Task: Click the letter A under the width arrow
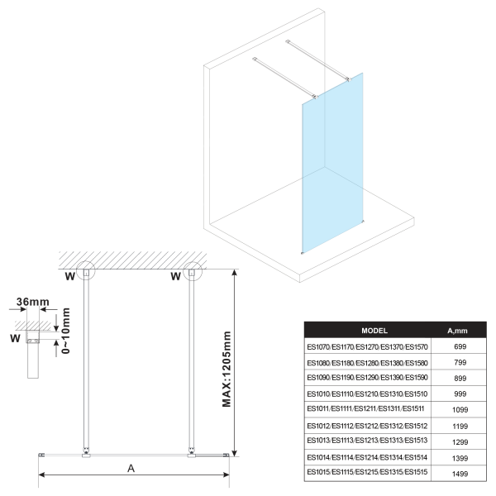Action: tap(131, 468)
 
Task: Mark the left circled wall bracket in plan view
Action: tap(87, 274)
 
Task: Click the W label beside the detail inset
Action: tap(13, 338)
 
